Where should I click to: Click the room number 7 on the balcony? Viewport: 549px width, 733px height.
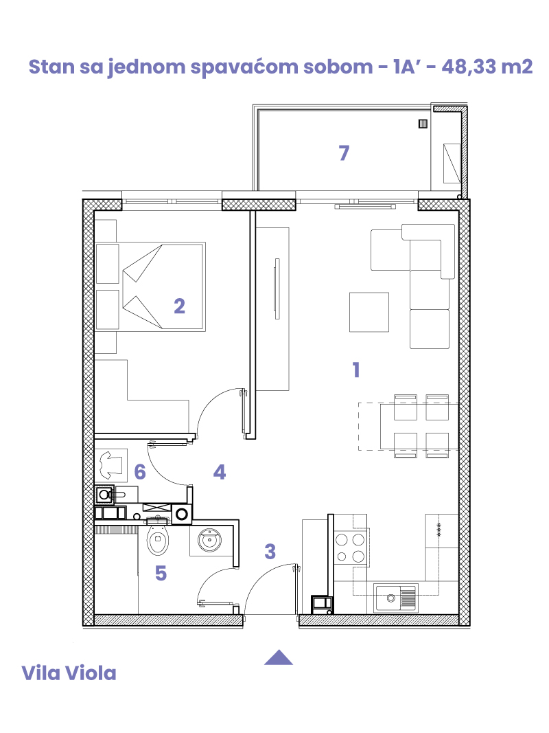[344, 153]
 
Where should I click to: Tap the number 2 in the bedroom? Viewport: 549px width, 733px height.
[179, 306]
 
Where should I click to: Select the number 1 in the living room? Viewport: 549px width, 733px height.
[356, 370]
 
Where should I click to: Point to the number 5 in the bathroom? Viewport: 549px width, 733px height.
[161, 573]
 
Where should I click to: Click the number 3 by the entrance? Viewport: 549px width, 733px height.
[270, 552]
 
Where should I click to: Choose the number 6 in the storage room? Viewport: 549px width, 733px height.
[140, 472]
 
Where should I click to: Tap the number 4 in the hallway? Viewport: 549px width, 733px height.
[220, 472]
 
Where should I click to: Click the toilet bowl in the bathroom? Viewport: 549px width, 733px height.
[158, 539]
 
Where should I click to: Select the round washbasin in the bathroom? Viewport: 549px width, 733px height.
[209, 541]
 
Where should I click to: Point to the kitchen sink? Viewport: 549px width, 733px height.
[396, 598]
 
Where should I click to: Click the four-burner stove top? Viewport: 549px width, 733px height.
[351, 548]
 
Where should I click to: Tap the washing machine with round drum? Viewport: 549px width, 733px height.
[182, 515]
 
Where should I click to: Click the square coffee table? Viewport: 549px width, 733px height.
[369, 313]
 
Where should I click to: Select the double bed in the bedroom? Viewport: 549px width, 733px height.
[150, 286]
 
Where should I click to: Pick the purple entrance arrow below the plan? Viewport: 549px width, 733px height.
[278, 657]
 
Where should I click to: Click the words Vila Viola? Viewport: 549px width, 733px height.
[69, 673]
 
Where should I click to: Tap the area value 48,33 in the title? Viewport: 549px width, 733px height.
[465, 67]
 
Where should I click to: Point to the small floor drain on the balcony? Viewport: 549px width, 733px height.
[423, 124]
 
